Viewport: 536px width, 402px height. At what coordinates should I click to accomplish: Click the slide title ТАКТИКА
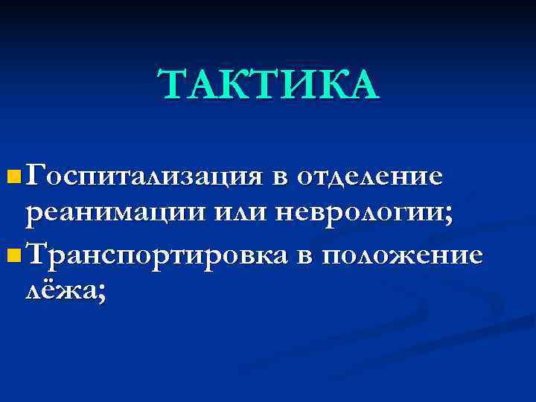click(x=269, y=84)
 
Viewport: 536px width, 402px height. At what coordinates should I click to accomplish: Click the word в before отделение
click(x=279, y=179)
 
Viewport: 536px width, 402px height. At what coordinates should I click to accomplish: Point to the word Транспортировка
click(x=156, y=255)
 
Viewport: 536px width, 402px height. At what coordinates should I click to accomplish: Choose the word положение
click(x=401, y=255)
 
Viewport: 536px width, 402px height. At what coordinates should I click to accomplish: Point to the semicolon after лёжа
click(x=100, y=293)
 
